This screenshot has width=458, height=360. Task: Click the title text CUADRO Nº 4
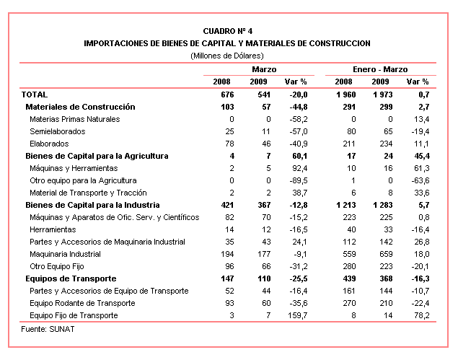coord(227,32)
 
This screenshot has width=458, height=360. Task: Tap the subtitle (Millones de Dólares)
coord(227,56)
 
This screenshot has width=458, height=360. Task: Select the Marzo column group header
coord(264,69)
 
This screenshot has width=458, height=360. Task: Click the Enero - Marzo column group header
coord(380,69)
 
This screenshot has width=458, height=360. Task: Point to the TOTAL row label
coord(35,95)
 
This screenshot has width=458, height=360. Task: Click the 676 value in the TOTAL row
coord(229,95)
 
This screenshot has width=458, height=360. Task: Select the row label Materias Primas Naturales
coord(74,119)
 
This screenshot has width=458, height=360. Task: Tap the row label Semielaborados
coord(58,131)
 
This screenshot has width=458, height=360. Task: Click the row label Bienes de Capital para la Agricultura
coord(97,156)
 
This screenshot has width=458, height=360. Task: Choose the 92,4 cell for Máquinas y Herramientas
coord(298,168)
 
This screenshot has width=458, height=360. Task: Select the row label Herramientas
coord(55,229)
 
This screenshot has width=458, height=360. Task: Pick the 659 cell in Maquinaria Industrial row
coord(384,254)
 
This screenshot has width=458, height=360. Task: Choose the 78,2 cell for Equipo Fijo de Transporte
coord(420,315)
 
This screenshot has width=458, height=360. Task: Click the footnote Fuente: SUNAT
coord(46,330)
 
